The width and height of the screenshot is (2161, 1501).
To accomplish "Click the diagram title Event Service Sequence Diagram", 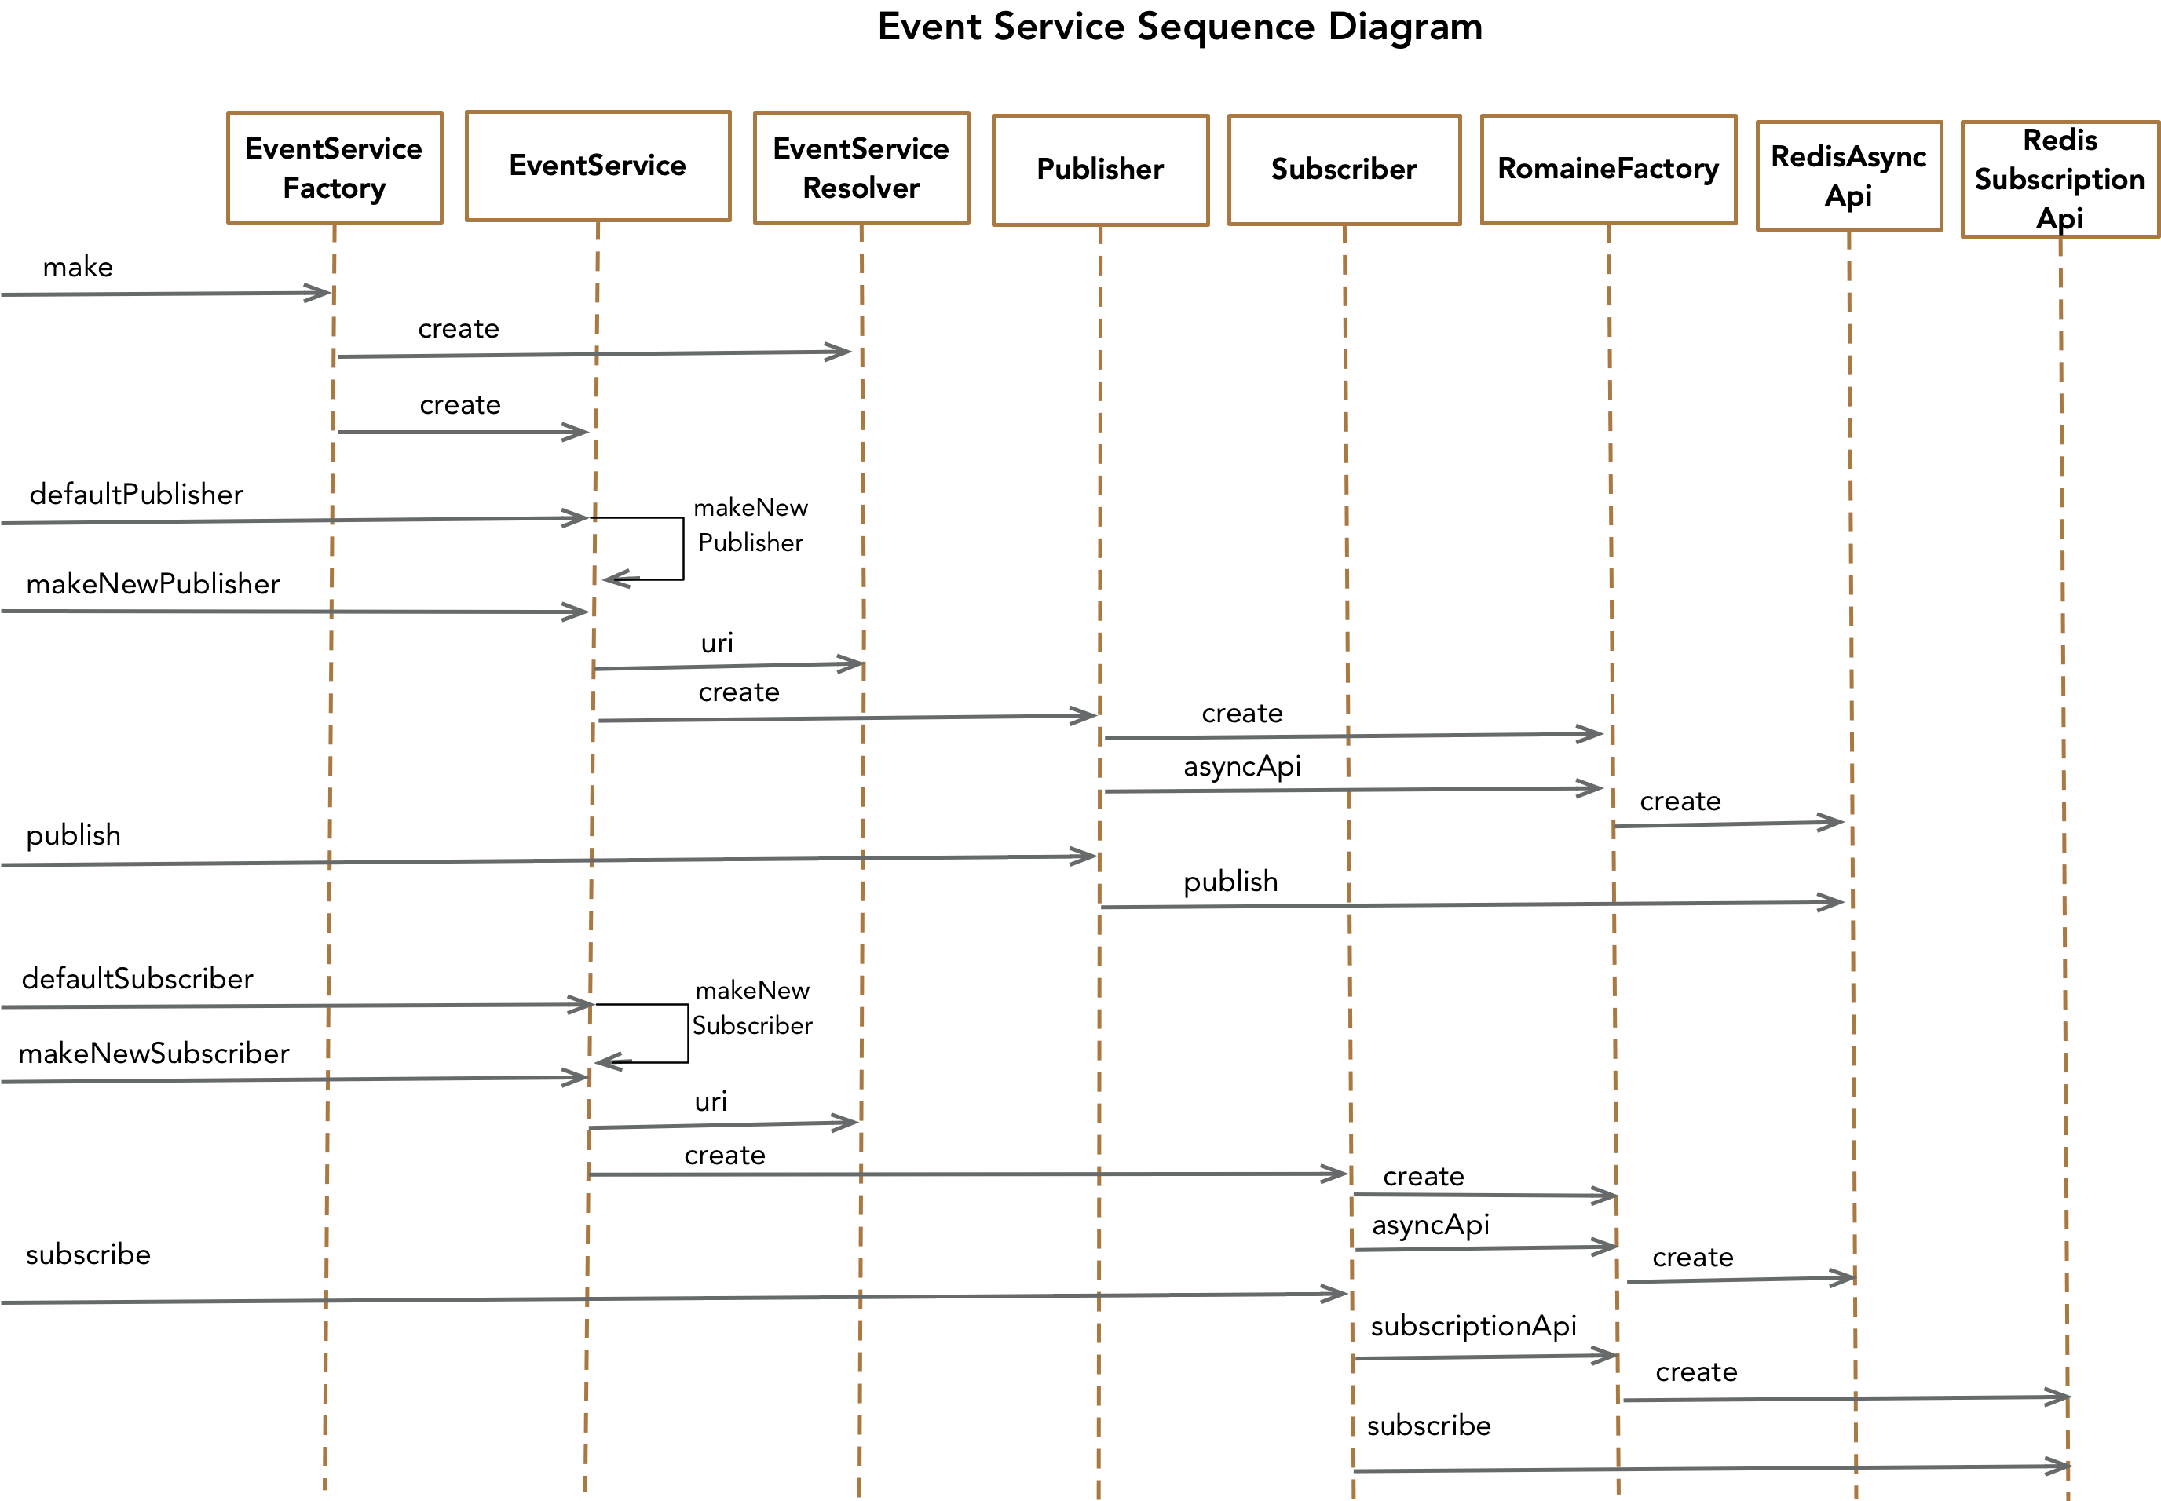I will tap(1179, 27).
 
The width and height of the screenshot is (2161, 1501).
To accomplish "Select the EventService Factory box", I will tap(334, 168).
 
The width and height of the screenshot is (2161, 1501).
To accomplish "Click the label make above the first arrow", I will tap(78, 267).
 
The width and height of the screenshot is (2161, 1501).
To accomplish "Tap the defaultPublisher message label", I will tap(137, 495).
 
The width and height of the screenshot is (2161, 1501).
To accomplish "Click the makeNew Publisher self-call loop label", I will tap(750, 524).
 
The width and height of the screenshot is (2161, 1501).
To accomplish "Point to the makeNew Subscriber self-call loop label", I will tap(751, 1008).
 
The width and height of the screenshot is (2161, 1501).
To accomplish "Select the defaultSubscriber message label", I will tap(137, 979).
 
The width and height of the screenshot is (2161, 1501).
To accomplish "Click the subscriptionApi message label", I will tap(1472, 1326).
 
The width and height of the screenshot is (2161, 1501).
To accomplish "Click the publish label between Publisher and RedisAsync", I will tap(1230, 882).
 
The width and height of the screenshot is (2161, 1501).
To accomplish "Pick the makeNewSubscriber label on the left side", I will tap(153, 1054).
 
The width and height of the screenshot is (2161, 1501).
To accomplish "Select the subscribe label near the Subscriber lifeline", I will tap(1428, 1426).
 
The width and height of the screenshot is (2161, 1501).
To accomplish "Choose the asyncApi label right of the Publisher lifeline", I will tap(1241, 766).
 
